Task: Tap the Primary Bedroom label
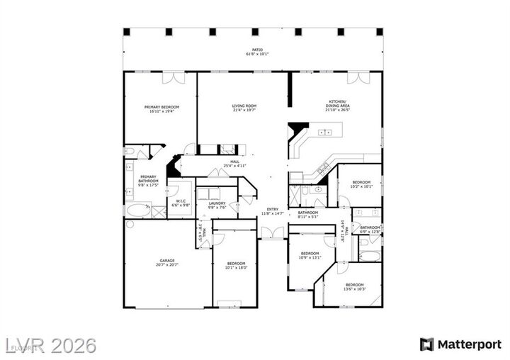coord(162,109)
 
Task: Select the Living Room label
coord(244,108)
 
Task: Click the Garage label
coord(166,262)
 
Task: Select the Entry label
coord(273,211)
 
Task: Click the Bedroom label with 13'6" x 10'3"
coord(354,286)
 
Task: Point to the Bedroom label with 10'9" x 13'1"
coord(310,255)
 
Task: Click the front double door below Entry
coord(273,232)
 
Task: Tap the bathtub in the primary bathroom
coord(138,210)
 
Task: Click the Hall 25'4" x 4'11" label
coord(234,164)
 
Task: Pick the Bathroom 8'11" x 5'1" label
coord(307,215)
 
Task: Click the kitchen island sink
coord(326,133)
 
